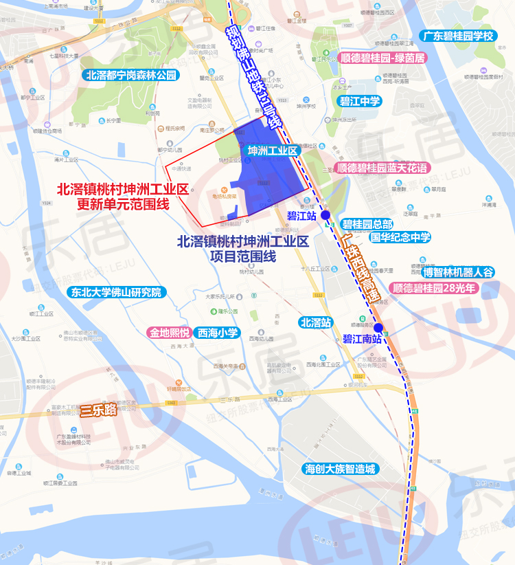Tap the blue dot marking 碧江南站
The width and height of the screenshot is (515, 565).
click(378, 328)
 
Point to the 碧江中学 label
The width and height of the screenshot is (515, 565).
click(360, 102)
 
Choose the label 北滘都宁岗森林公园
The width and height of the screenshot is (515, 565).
click(130, 75)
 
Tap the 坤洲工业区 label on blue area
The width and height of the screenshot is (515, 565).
click(271, 150)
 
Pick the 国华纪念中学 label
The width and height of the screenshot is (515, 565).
click(400, 237)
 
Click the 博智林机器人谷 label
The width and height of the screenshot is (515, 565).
click(458, 272)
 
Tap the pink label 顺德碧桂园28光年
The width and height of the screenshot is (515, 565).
click(433, 288)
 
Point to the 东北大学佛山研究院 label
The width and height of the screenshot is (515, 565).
click(116, 292)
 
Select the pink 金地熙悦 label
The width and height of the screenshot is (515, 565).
click(168, 333)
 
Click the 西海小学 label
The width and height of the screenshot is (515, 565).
click(218, 333)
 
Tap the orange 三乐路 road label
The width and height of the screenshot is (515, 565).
click(98, 411)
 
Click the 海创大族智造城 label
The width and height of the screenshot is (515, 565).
click(341, 469)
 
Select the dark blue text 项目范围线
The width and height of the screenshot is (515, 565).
click(243, 256)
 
